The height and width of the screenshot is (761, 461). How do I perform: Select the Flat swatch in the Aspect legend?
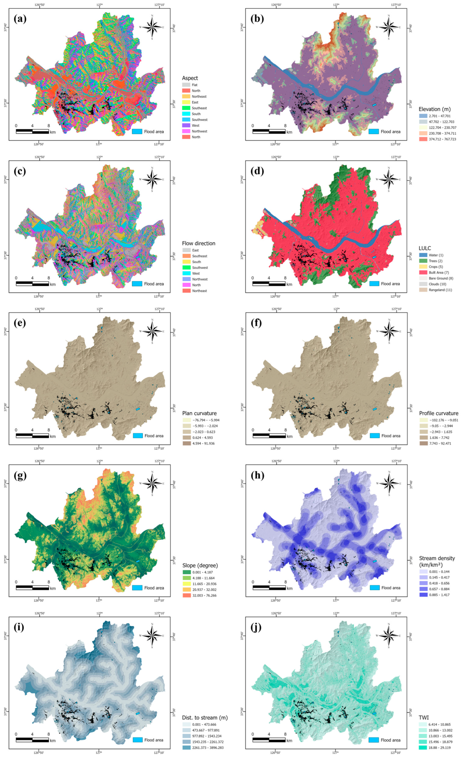(x=186, y=85)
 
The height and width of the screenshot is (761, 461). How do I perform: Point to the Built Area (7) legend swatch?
(x=423, y=272)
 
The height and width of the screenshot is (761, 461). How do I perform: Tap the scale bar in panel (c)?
(x=32, y=283)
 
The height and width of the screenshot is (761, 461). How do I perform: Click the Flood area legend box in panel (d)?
(x=374, y=283)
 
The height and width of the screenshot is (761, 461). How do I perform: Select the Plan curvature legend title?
(x=199, y=413)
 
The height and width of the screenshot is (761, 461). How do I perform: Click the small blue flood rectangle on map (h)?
(x=374, y=561)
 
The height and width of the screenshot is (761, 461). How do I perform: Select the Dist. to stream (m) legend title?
(x=205, y=717)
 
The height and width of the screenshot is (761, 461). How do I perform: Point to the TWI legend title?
(x=424, y=717)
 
